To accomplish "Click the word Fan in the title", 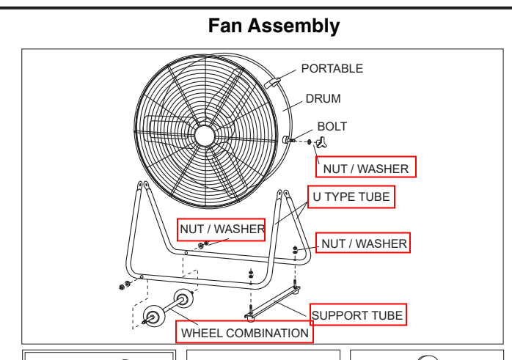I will click(x=227, y=26).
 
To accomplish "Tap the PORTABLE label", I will click(x=332, y=69).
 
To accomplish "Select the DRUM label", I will click(x=323, y=98).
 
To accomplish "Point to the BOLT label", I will click(x=332, y=127).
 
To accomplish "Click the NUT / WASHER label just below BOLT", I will click(x=365, y=168).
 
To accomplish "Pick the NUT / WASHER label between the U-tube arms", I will click(x=221, y=229).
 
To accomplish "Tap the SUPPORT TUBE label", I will click(x=357, y=315).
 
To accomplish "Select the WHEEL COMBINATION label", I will click(x=245, y=333).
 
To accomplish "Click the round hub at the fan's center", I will click(x=205, y=135).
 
